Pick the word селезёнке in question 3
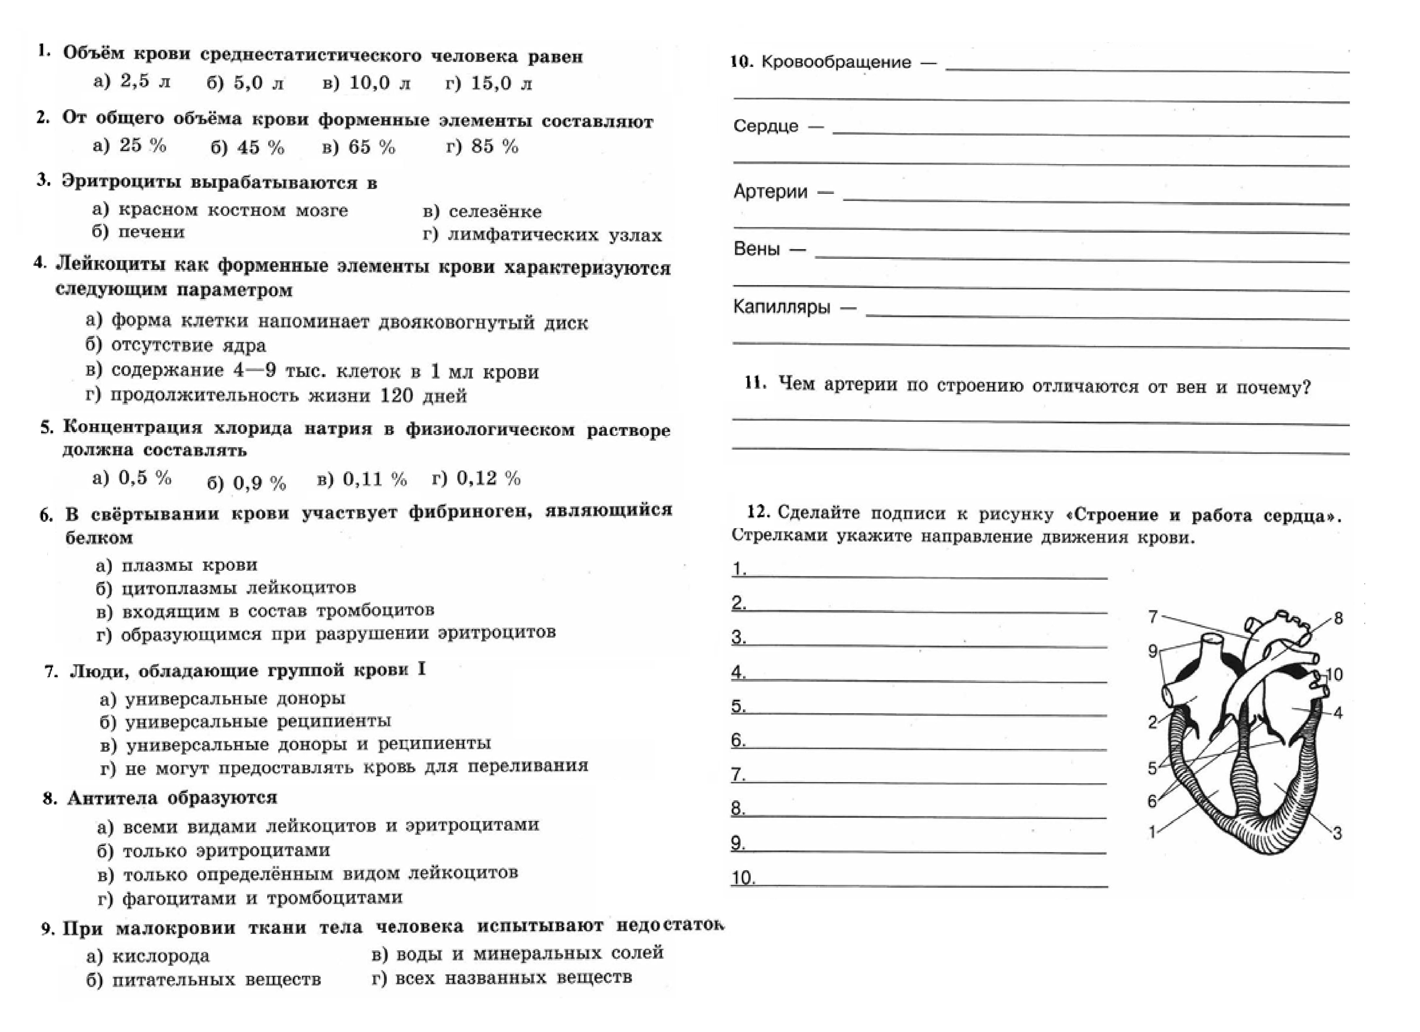tap(495, 212)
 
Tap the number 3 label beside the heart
tap(1337, 833)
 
